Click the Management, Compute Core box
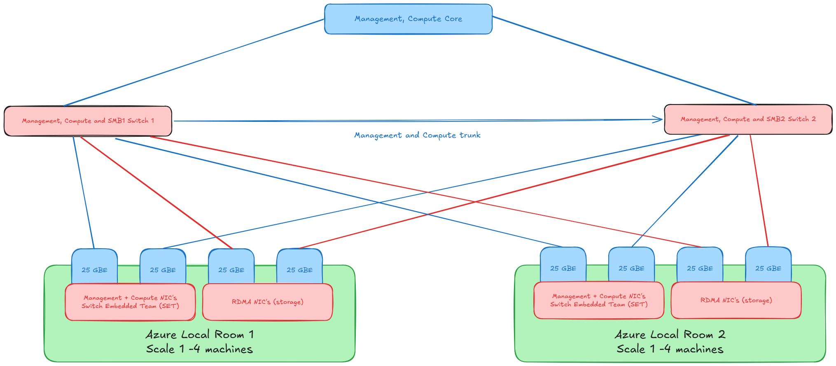[x=408, y=19]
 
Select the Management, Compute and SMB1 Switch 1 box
[x=88, y=121]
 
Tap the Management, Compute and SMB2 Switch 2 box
[x=748, y=119]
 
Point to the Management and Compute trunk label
[x=417, y=135]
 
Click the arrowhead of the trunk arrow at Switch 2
[x=659, y=119]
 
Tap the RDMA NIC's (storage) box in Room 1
[x=267, y=302]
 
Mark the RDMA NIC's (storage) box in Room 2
[x=736, y=301]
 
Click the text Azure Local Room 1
[x=200, y=334]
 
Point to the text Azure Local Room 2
[x=670, y=334]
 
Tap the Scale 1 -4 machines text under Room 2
[x=670, y=350]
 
